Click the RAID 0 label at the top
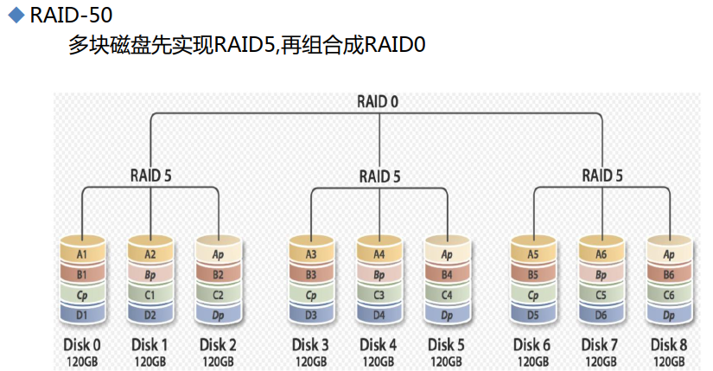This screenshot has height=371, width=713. coord(378,101)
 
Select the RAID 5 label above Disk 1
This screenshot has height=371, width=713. coord(150,175)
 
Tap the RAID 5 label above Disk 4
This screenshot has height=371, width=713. coord(379,176)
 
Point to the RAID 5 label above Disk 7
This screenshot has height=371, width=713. coord(602,175)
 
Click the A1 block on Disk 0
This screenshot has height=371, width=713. coord(81,254)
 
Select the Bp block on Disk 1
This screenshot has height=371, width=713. coord(150,274)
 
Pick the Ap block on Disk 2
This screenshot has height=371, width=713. coord(218,255)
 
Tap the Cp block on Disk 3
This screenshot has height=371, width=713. coord(310,295)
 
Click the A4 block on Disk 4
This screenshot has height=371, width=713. coord(379,254)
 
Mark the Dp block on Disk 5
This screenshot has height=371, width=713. coord(447,315)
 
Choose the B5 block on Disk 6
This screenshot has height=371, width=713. coord(532,274)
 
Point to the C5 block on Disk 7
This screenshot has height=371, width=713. coord(602,295)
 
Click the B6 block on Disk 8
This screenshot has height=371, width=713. coord(668,274)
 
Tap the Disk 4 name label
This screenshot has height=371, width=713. coord(379,344)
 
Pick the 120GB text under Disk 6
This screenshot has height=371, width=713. coord(532,361)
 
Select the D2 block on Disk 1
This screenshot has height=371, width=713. coord(150,315)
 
